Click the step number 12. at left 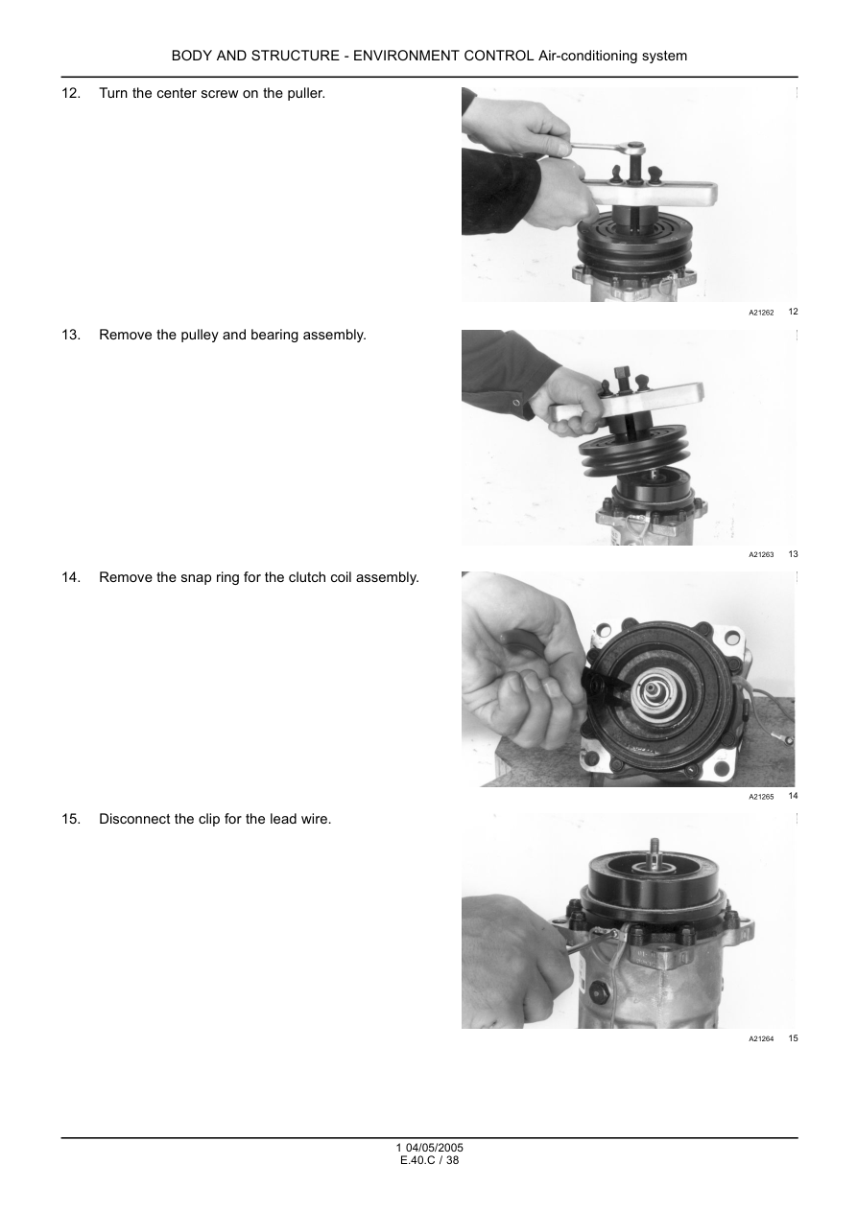(71, 94)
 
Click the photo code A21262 (761, 313)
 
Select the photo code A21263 (761, 554)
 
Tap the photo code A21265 (761, 797)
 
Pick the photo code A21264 (761, 1038)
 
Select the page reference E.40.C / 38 (430, 1161)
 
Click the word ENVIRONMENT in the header (443, 57)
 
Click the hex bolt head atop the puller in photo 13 (621, 374)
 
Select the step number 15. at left (71, 820)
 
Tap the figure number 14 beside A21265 (793, 796)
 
